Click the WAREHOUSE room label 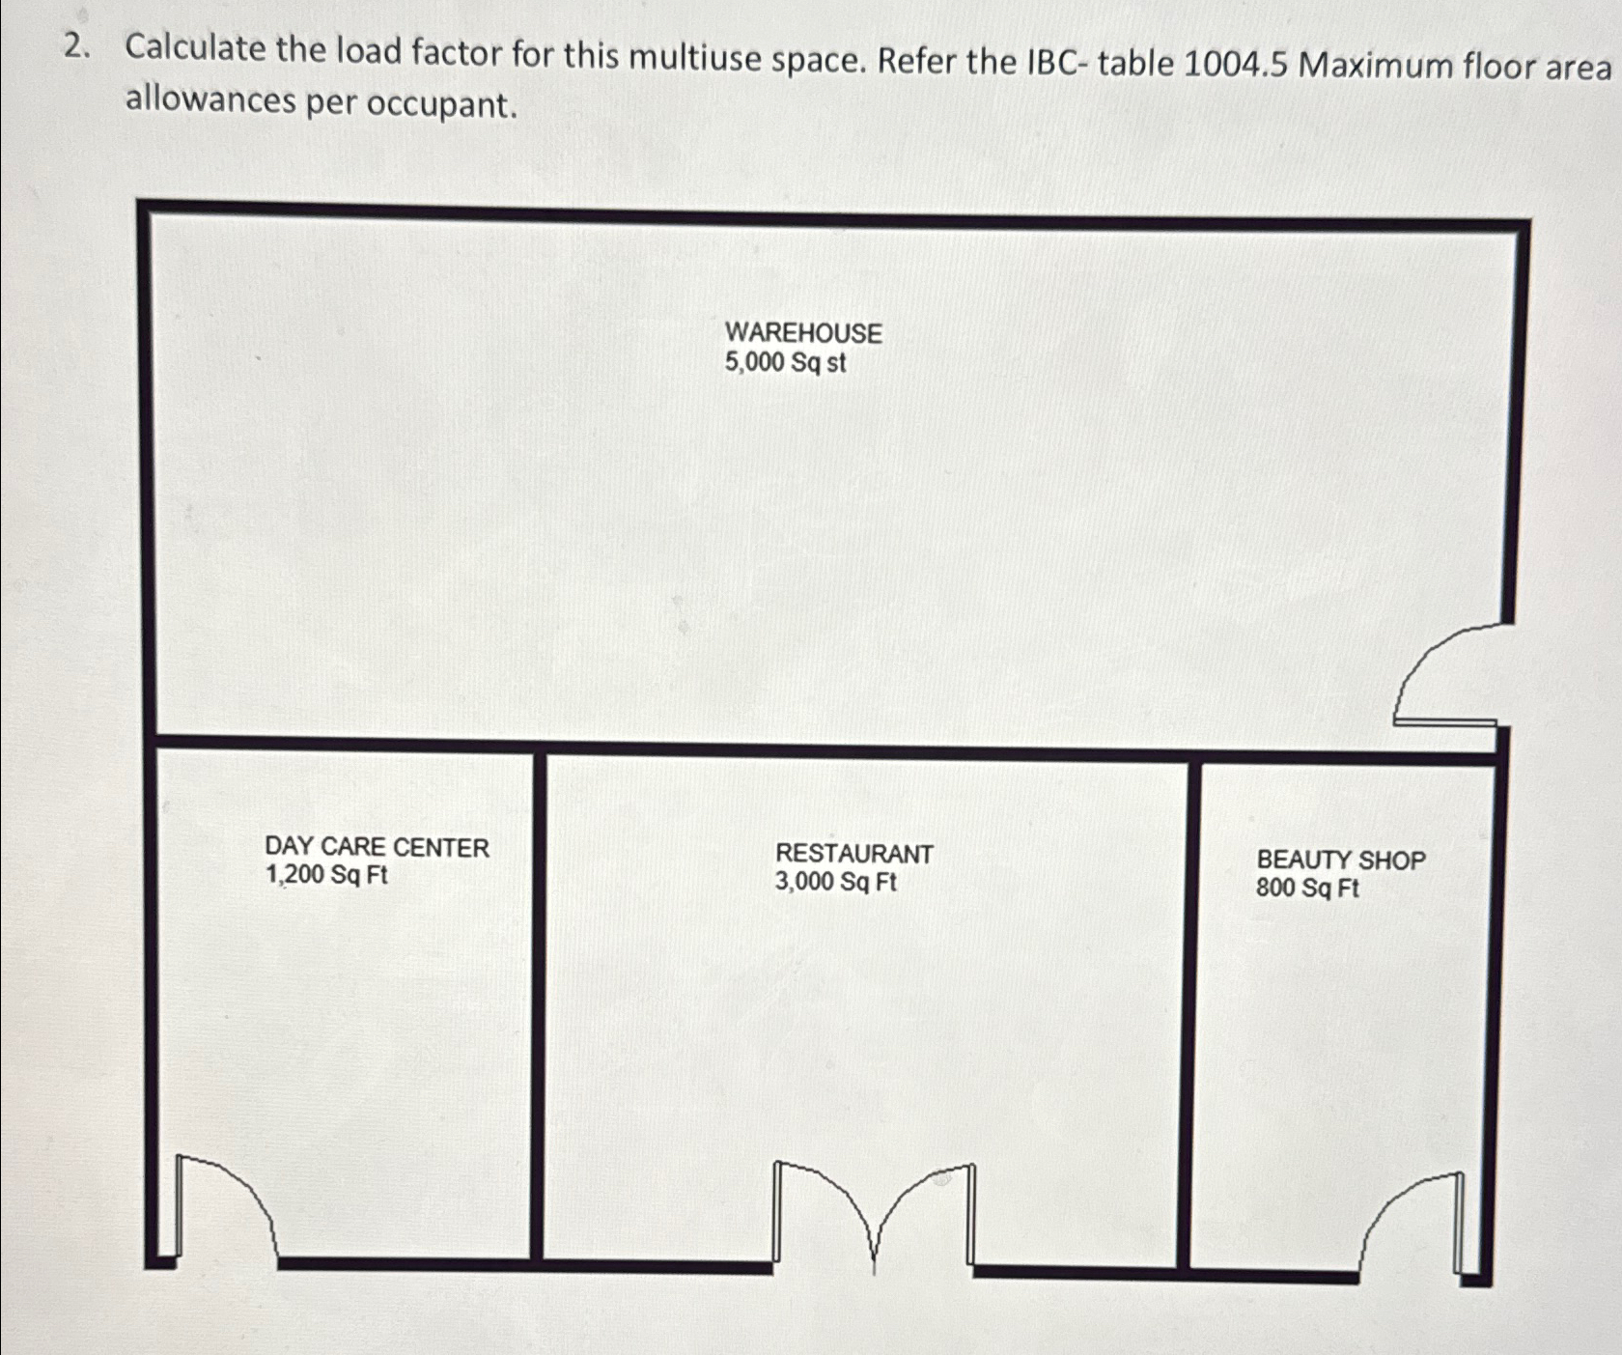(x=803, y=333)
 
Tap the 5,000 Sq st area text (x=785, y=363)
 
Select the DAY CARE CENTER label (x=377, y=847)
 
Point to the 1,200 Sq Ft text (x=326, y=876)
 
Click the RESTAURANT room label (x=854, y=854)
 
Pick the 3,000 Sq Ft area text (x=835, y=882)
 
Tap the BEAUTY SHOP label (x=1340, y=860)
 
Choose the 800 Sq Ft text (x=1307, y=888)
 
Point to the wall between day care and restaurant (x=539, y=1004)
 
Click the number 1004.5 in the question (x=1236, y=64)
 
